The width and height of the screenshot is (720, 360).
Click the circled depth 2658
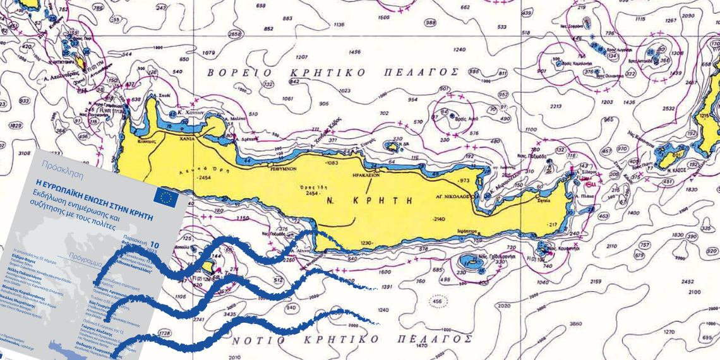pyautogui.click(x=235, y=33)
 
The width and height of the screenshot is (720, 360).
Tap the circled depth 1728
pyautogui.click(x=164, y=332)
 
